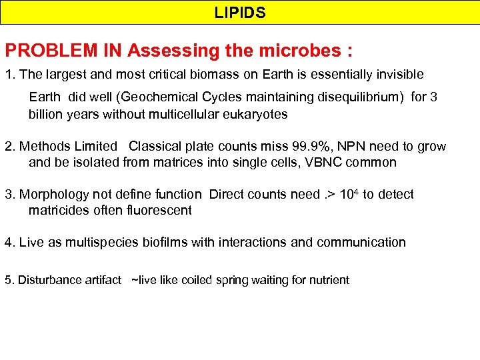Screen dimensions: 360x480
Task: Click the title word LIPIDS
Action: tap(240, 13)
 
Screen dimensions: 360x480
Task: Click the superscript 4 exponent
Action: tap(355, 191)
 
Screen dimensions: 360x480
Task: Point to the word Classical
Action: tap(157, 147)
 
